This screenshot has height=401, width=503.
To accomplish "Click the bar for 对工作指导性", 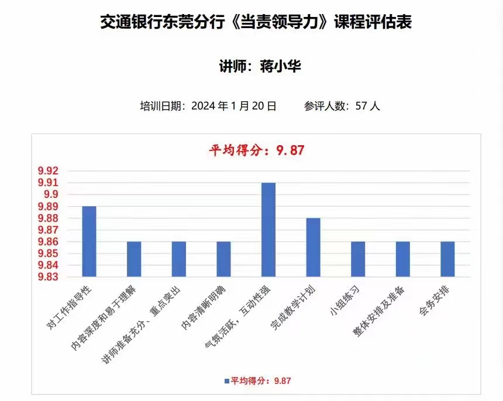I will click(89, 241).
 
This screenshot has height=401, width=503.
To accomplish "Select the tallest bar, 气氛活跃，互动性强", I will click(268, 229).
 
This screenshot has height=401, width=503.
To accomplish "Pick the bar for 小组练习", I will click(358, 259).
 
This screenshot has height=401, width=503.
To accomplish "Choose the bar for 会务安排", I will click(447, 259).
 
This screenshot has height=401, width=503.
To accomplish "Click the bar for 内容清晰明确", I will click(223, 259).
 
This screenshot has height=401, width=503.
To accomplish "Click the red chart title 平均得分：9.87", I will click(257, 150).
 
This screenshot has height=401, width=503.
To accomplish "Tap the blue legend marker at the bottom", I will click(227, 381).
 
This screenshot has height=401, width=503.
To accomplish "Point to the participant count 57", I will click(361, 106).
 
